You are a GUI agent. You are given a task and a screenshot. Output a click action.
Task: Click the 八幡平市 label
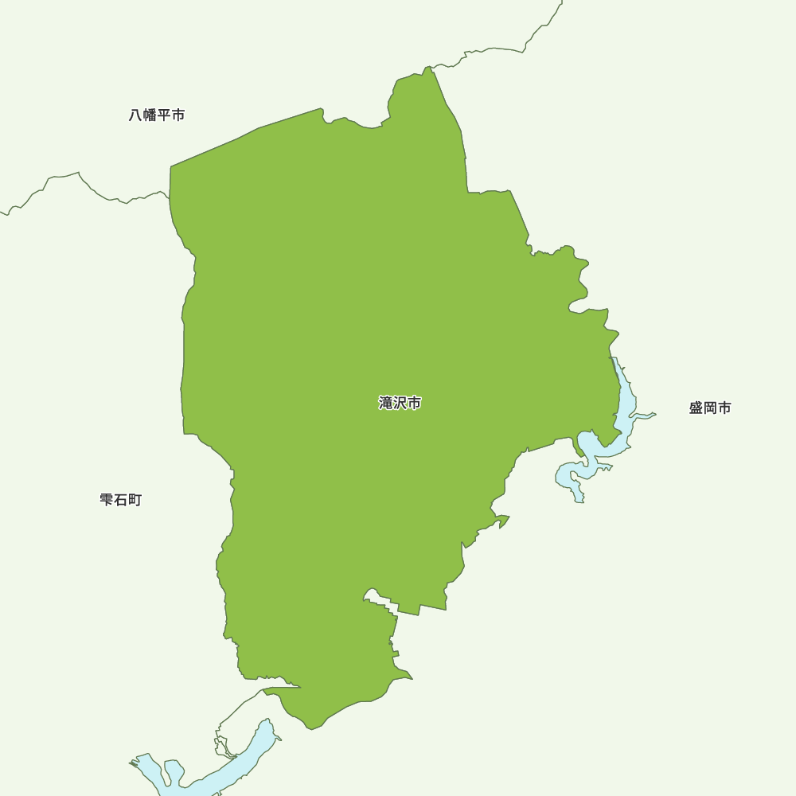point(157,115)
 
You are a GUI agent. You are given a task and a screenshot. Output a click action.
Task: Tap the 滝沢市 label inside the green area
point(400,403)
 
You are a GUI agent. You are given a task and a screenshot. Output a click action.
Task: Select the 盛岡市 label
point(710,408)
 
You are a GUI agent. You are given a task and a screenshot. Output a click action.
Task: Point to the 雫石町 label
point(121,500)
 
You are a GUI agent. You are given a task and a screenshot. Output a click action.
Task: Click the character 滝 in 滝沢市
point(386,403)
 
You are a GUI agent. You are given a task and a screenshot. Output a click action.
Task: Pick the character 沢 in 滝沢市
point(400,403)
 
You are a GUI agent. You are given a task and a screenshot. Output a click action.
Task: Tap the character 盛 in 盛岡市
point(696,408)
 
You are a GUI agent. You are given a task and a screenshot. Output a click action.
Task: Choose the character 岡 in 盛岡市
point(710,408)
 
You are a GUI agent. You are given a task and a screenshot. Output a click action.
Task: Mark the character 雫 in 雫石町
point(107,500)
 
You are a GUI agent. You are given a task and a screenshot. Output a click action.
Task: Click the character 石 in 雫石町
point(121,500)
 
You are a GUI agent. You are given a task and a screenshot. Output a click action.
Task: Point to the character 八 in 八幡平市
point(136,115)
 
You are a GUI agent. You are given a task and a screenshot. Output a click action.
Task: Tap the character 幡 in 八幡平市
point(150,115)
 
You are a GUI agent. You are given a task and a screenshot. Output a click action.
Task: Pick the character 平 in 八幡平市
point(164,115)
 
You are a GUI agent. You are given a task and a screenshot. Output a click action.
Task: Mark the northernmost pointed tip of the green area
point(430,68)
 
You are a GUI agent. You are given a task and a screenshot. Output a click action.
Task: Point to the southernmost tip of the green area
point(312,728)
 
